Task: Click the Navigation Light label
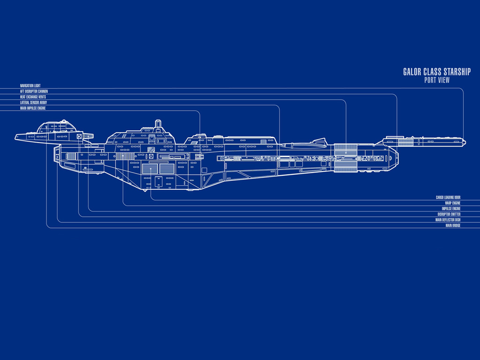(30, 86)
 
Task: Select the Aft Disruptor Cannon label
(34, 91)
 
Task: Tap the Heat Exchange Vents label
(33, 97)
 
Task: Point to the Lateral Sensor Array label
(33, 103)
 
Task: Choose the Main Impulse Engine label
(33, 108)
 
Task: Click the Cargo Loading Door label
(448, 198)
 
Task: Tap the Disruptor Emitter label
(449, 215)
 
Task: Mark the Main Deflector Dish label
(448, 220)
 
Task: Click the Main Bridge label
(453, 226)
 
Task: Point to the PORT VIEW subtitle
(436, 80)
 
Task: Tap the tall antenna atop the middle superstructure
(158, 125)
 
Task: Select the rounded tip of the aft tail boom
(464, 141)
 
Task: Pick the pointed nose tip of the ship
(15, 138)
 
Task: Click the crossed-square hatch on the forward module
(79, 136)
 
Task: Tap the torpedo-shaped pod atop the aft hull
(305, 144)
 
